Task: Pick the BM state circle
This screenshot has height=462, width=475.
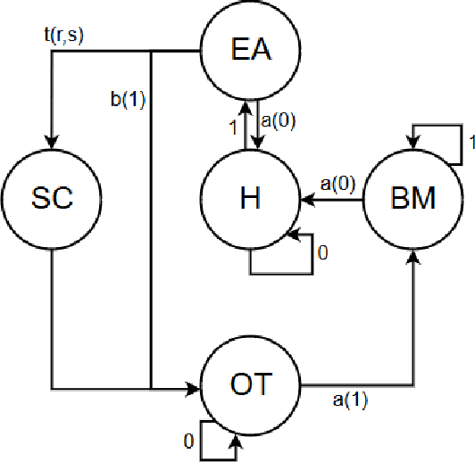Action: (x=413, y=198)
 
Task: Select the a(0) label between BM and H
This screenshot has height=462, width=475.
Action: (x=337, y=184)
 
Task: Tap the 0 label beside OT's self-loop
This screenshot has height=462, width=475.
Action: (x=188, y=441)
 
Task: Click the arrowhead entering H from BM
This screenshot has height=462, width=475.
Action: (x=308, y=200)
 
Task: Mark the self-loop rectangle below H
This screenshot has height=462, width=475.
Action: (x=281, y=259)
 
